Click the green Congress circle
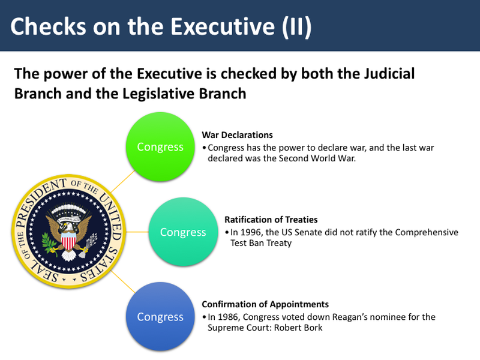click(x=160, y=147)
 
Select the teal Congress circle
click(x=183, y=232)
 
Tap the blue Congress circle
click(x=160, y=317)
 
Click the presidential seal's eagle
click(x=71, y=234)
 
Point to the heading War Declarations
click(x=237, y=135)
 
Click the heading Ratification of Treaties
click(x=271, y=220)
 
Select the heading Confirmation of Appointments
click(x=265, y=304)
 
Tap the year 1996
click(x=249, y=232)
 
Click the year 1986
click(x=226, y=317)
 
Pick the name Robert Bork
click(x=298, y=328)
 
